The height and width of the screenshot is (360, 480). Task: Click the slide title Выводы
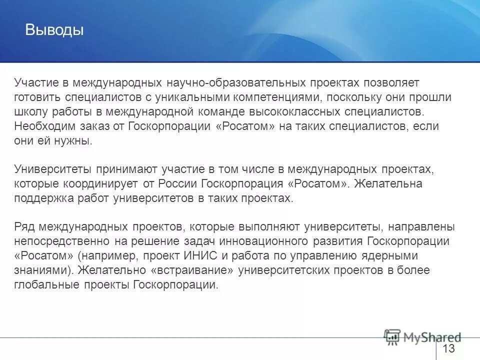click(x=54, y=30)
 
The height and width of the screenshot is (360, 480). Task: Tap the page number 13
click(x=448, y=348)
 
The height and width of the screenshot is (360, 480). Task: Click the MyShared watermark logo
click(x=422, y=337)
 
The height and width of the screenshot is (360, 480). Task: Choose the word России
click(x=180, y=183)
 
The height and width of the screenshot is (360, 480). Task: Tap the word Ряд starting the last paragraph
click(x=24, y=227)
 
